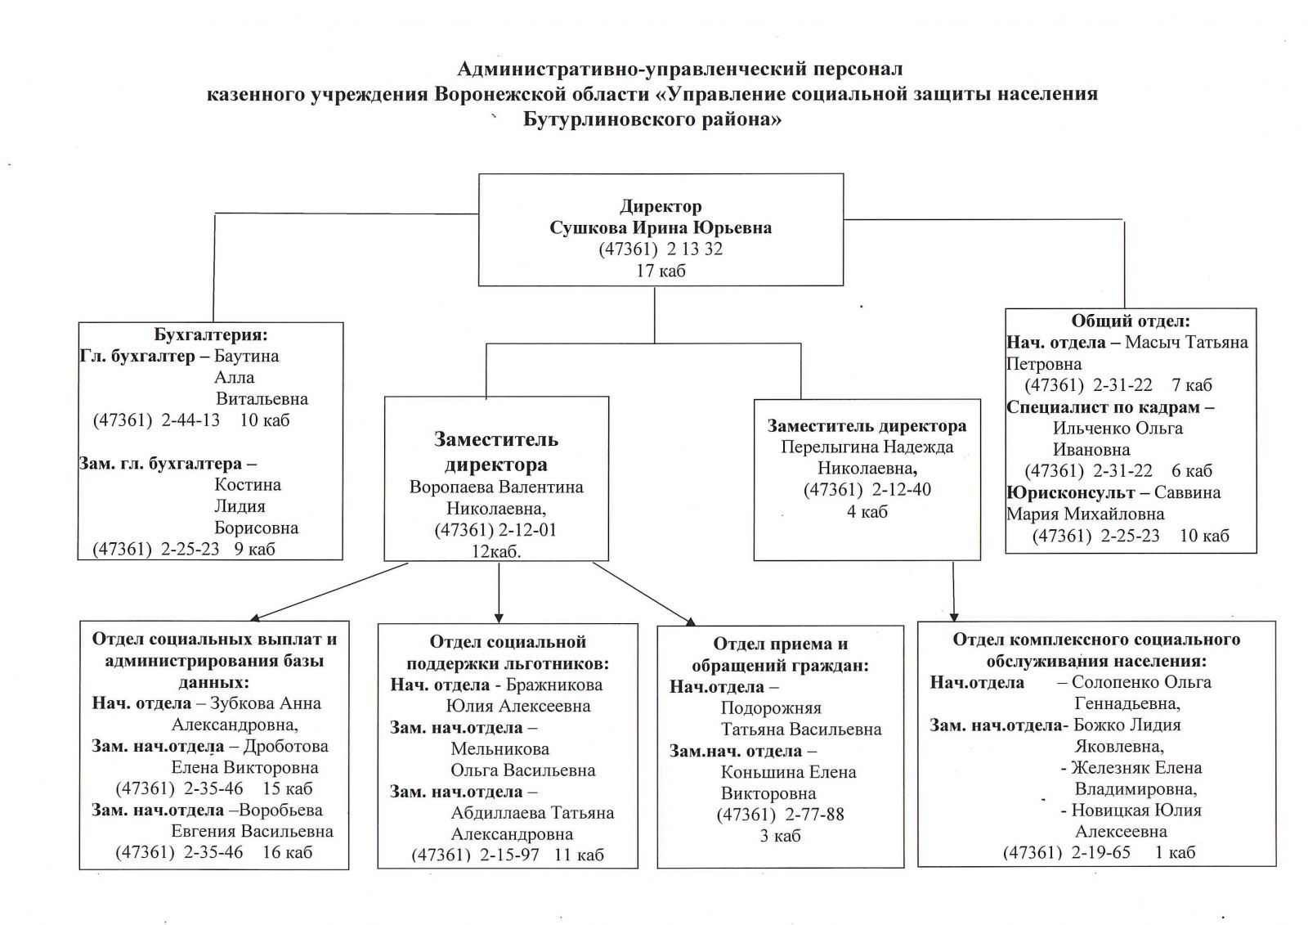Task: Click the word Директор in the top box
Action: pos(661,206)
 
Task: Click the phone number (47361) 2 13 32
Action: pos(661,249)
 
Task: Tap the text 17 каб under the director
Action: pos(661,271)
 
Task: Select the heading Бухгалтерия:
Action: pos(211,335)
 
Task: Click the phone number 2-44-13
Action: pos(190,420)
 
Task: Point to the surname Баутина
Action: pos(246,356)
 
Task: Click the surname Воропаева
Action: pos(449,487)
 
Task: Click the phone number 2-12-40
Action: pos(902,490)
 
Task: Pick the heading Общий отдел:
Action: pos(1131,321)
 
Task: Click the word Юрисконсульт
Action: pos(1070,492)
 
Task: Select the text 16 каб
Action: pos(287,852)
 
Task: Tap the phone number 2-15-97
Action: pos(510,855)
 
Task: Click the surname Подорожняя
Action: pos(771,708)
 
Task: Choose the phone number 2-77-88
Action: pos(814,814)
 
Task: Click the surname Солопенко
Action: pos(1115,682)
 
